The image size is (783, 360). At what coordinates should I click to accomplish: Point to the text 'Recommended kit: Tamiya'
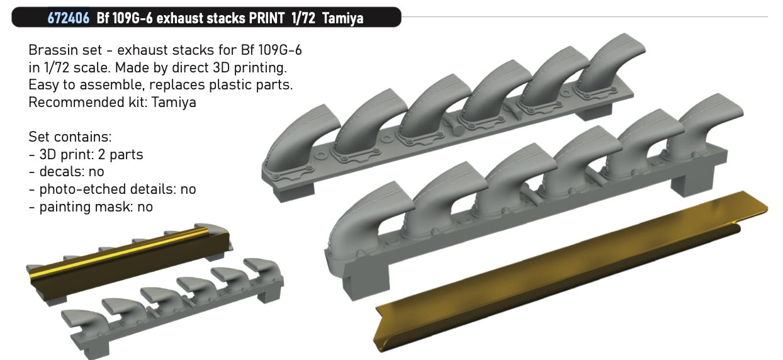[112, 101]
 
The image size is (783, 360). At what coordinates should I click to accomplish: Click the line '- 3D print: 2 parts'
[86, 154]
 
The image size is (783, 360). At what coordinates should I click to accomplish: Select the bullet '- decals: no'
[66, 171]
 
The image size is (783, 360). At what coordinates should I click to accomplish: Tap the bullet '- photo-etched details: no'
[112, 188]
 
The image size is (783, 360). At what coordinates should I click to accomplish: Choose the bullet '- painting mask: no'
[91, 206]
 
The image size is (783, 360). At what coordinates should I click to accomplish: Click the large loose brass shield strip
[566, 264]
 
